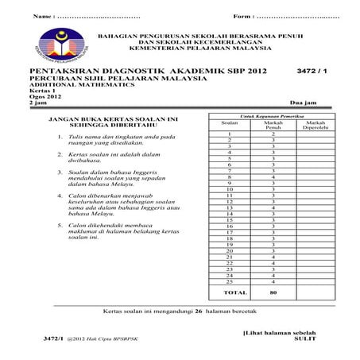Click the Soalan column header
(229, 123)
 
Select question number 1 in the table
(229, 134)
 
